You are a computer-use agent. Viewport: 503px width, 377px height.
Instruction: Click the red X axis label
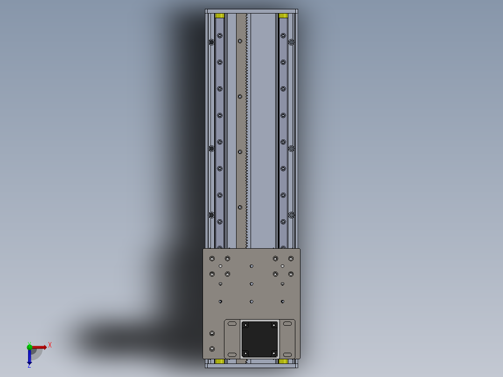click(50, 345)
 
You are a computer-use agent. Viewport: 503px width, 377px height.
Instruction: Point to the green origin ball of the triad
click(29, 347)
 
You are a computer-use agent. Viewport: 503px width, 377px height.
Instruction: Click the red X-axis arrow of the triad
click(40, 347)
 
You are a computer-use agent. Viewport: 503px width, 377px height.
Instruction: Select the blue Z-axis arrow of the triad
click(29, 357)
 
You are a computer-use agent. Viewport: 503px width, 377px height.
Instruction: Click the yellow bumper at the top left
click(220, 16)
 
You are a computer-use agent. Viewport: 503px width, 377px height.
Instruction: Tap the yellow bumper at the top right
click(283, 16)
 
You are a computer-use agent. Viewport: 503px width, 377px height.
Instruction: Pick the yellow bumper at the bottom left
click(220, 361)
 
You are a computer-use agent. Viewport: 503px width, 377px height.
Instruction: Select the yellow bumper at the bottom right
click(283, 361)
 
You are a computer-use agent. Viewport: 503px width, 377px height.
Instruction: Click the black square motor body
click(259, 339)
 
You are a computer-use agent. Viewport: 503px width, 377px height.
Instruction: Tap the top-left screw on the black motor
click(245, 325)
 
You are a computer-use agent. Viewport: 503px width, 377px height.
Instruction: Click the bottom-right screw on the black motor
click(273, 353)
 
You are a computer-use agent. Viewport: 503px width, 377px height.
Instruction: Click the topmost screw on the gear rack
click(240, 41)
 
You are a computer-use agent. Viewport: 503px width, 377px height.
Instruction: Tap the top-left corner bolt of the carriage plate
click(212, 258)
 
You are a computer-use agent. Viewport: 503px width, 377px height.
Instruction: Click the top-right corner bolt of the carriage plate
click(291, 258)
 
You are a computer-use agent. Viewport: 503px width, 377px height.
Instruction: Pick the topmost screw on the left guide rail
click(220, 35)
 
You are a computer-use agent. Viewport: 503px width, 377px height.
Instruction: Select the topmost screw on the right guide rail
click(283, 35)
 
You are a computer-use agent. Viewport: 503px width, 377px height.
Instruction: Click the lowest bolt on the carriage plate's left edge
click(212, 349)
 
